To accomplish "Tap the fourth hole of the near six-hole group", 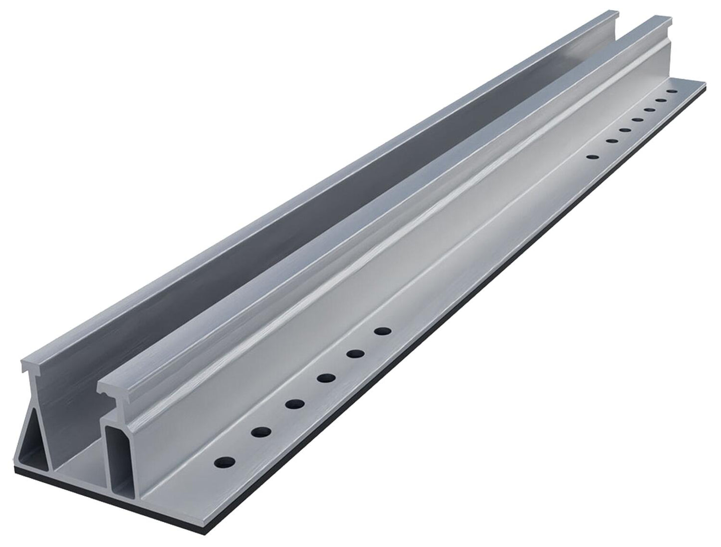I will point(326,378).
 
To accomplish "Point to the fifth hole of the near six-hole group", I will point(355,354).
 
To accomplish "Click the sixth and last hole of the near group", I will point(383,331).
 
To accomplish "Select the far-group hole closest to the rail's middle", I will point(592,157).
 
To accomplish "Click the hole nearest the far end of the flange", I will point(672,92).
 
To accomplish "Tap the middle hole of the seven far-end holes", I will point(637,120).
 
